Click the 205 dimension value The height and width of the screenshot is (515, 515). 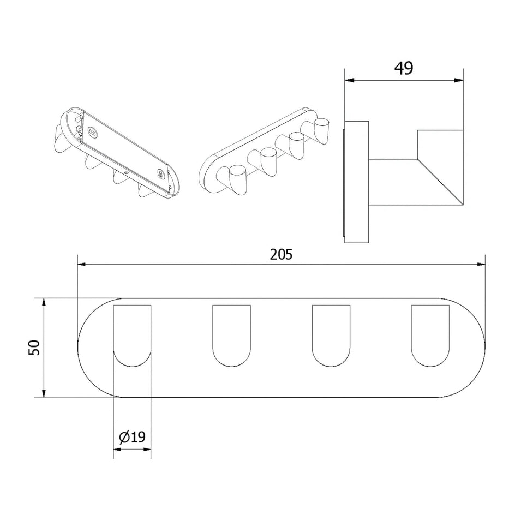click(281, 254)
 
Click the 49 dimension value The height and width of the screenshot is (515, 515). click(404, 68)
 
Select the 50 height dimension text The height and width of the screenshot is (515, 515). click(34, 348)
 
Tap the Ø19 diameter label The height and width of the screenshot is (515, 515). click(132, 437)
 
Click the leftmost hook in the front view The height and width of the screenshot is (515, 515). click(132, 336)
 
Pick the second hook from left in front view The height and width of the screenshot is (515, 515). click(231, 336)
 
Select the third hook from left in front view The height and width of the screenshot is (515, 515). click(331, 336)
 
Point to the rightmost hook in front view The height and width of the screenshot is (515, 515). click(430, 336)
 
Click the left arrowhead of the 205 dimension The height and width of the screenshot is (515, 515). click(81, 264)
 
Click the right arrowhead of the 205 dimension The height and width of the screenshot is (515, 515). click(481, 264)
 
